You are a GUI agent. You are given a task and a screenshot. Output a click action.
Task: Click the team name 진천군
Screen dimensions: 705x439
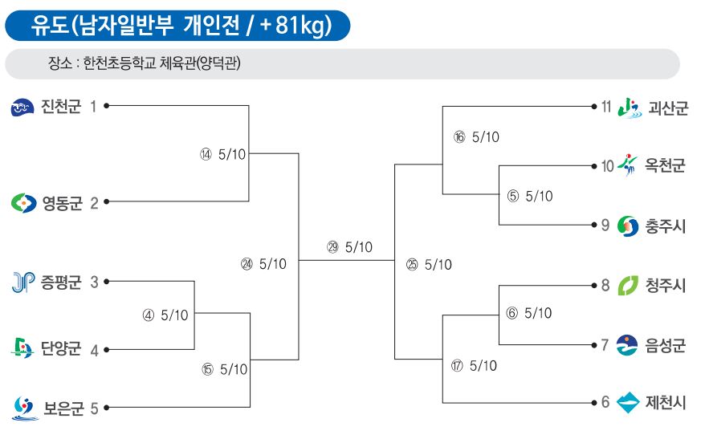tap(61, 107)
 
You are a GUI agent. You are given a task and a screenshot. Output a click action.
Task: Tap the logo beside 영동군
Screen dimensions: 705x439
tap(23, 203)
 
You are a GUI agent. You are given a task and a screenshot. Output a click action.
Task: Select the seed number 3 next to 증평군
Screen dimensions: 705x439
tap(94, 282)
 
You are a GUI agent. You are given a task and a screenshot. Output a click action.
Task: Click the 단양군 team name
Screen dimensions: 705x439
tap(61, 348)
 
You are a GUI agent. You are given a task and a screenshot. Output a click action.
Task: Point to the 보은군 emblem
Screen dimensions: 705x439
tap(25, 409)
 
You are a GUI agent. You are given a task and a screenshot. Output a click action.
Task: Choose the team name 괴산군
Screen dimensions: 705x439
tap(668, 108)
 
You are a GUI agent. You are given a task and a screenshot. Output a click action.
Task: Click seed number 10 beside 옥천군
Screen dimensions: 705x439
tap(607, 166)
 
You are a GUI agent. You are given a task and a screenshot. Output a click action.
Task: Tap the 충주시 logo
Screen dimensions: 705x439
tap(628, 226)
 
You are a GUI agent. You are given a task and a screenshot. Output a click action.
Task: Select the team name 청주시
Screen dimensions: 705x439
tap(666, 286)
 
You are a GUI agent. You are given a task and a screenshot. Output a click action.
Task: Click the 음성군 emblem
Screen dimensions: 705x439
tap(627, 345)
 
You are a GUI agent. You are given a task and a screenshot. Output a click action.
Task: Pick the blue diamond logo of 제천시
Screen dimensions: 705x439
tap(628, 402)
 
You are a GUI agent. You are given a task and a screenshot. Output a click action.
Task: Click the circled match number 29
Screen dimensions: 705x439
tap(332, 247)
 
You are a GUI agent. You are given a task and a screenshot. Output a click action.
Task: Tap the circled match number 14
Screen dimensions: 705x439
tap(206, 155)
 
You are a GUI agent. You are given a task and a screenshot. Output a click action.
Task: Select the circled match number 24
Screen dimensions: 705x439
tap(247, 264)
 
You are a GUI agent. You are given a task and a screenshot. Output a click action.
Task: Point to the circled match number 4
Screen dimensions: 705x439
tap(149, 315)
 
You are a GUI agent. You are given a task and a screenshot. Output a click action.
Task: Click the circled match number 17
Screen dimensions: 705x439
tap(457, 366)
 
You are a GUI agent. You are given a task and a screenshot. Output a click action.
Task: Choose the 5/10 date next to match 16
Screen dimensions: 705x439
tap(486, 137)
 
